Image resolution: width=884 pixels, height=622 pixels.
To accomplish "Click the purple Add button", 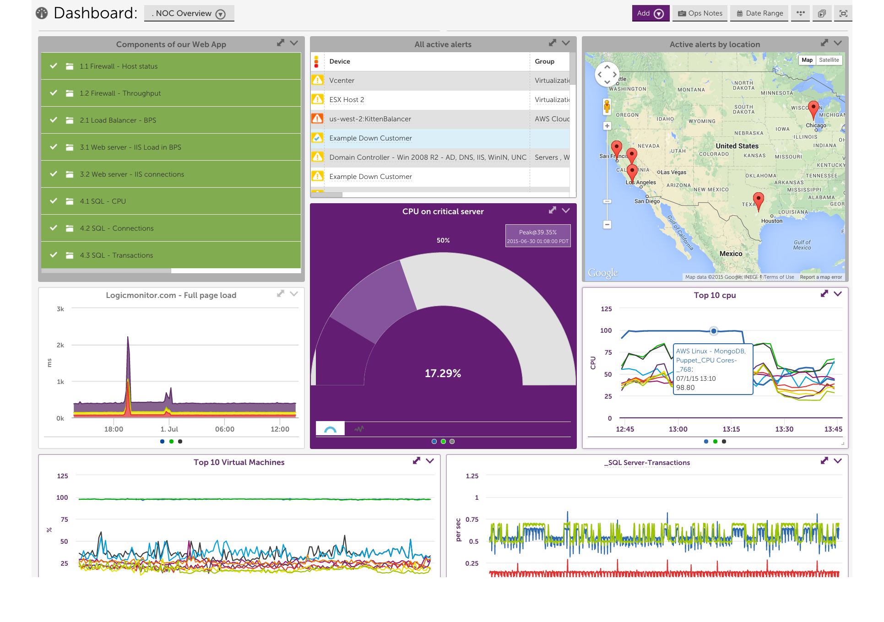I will point(650,13).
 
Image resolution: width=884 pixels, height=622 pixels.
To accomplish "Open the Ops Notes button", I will point(700,13).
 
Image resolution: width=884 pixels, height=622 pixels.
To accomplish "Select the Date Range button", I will point(759,13).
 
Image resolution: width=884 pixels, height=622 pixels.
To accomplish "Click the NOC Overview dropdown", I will point(189,14).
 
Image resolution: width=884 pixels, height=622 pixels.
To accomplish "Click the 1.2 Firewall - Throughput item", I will point(120,93).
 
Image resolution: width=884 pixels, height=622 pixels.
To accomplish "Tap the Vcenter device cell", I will point(342,81).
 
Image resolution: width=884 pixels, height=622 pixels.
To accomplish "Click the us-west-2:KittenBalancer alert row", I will point(370,119).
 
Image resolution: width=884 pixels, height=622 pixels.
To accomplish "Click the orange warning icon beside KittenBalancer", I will point(317,119).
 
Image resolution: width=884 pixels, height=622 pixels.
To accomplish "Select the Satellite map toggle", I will point(829,60).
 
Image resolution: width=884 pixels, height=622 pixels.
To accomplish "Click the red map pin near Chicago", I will point(813,109).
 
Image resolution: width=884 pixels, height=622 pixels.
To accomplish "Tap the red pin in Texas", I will point(758,200).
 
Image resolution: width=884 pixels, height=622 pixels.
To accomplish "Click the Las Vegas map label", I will point(673,173).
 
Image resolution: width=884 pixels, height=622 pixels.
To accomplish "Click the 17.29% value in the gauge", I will point(443,373).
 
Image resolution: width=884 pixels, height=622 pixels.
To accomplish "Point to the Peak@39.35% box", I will point(537,236).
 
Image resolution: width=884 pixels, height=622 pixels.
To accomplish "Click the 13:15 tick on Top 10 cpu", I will point(731,429).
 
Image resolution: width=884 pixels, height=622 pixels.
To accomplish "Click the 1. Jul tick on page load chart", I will point(169,429).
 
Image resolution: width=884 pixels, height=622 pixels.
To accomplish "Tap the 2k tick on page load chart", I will point(60,345).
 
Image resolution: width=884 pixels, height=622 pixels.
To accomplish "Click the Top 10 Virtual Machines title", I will point(239,462).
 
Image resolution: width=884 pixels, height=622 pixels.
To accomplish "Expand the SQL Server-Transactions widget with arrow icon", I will point(824,461).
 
